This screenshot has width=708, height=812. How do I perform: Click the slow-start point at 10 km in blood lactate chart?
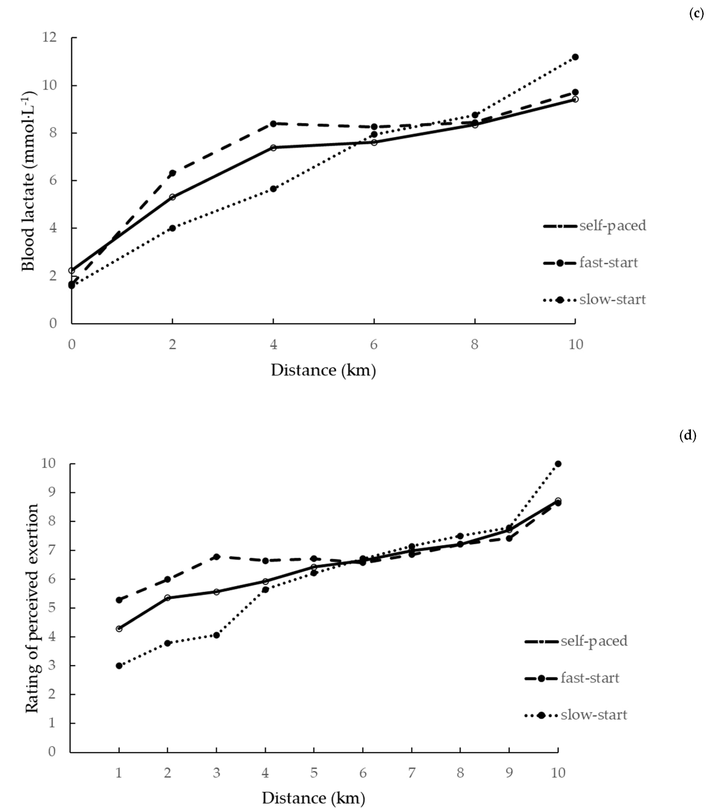coord(575,57)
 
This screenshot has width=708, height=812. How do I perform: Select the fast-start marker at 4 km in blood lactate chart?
coord(273,124)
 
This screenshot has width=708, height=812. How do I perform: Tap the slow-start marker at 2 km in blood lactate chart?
coord(172,228)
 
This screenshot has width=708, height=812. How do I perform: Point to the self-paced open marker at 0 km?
coord(71,270)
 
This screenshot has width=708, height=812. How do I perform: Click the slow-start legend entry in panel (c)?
coord(595,300)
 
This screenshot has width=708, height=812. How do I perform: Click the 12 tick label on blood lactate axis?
coord(50,38)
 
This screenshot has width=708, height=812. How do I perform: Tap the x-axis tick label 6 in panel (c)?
coord(374,345)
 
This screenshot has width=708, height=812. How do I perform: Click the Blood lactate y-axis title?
coord(29,181)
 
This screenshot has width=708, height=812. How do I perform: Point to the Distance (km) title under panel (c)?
coord(323,370)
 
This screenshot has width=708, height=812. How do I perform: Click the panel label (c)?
coord(696,14)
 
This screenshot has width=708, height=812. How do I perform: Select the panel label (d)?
coord(688,436)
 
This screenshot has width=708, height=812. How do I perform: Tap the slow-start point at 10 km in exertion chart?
coord(558,463)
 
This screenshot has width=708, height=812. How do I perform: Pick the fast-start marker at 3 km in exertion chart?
coord(217,557)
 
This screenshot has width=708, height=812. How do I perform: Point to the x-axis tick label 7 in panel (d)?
coord(411,773)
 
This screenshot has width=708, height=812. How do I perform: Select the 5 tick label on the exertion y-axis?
coord(52,608)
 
